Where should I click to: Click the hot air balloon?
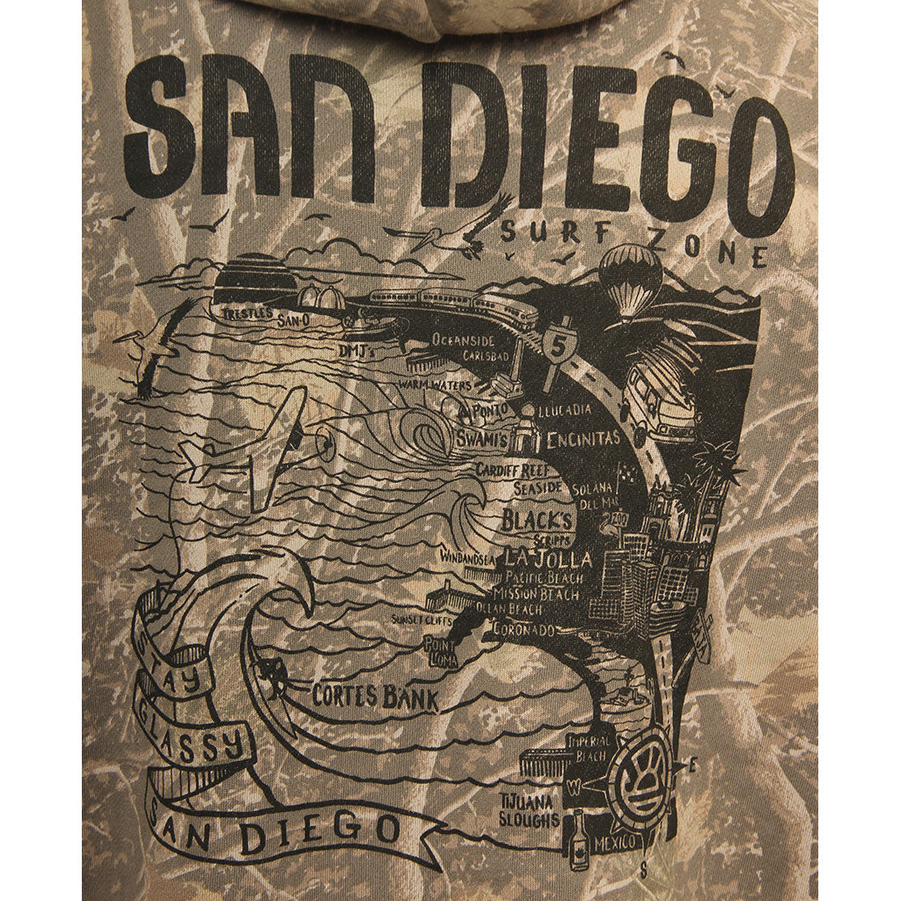point(630,279)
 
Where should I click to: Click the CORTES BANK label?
point(375,697)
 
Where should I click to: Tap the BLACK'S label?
point(538,519)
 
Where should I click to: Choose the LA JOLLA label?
point(547,559)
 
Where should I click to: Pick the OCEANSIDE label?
point(463,340)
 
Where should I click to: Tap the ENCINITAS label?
point(582,438)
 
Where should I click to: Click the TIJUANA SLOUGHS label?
point(529,810)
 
